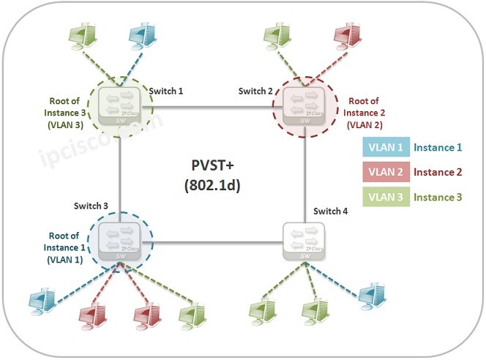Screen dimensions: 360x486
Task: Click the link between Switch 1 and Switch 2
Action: [x=212, y=107]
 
